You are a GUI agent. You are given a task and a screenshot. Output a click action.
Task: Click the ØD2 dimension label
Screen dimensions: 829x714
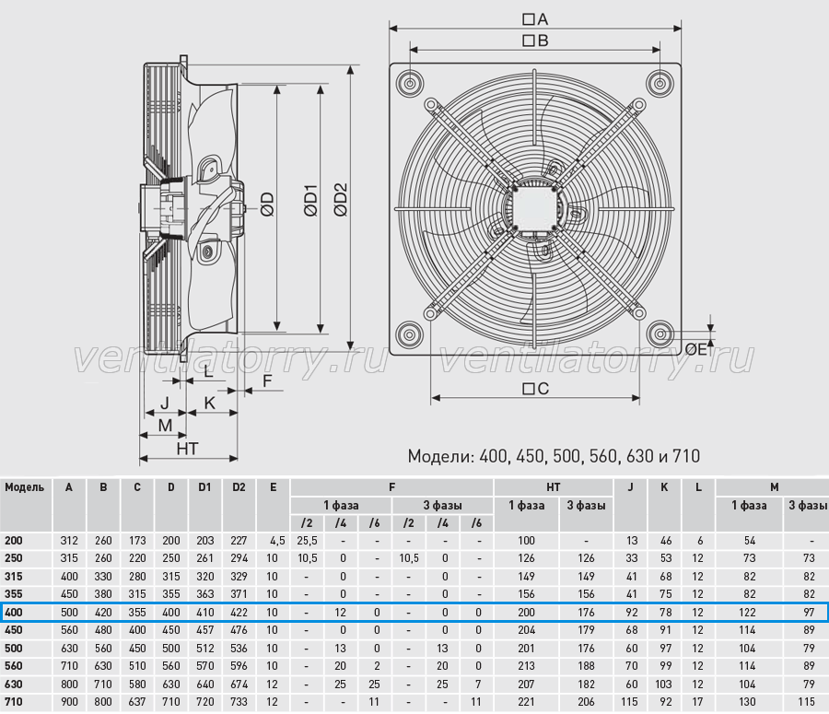341,200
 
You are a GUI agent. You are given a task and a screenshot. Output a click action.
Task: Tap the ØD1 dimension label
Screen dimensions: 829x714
311,201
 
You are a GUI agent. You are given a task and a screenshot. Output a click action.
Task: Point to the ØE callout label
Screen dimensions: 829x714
695,349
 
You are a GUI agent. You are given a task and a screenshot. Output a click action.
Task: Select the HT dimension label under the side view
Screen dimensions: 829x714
187,449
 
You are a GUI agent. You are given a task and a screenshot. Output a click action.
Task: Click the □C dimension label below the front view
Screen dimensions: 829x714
535,389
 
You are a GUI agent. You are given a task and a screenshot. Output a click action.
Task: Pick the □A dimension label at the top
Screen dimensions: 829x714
535,19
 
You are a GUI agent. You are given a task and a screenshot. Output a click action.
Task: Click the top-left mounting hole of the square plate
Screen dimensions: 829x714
410,83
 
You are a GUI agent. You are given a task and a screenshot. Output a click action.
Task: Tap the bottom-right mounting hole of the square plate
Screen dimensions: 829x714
660,334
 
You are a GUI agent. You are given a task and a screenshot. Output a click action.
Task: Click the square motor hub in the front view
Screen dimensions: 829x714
534,206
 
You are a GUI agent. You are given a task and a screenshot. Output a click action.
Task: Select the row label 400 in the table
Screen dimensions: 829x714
14,613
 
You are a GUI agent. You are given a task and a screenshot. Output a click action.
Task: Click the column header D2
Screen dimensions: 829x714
239,487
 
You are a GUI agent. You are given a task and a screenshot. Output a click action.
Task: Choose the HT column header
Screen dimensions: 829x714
553,487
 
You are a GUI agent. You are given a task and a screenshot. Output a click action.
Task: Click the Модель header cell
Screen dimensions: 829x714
24,487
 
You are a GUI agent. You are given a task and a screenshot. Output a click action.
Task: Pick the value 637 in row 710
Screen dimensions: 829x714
137,702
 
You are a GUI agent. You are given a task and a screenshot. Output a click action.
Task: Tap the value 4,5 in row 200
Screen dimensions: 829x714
277,541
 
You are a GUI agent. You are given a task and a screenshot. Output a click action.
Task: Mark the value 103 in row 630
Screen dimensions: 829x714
663,684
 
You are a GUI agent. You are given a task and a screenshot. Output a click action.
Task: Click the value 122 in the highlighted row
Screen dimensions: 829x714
747,613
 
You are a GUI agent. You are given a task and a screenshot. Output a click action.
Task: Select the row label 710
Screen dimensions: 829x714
14,702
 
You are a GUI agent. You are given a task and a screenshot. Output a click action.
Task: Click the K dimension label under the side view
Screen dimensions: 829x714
209,403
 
